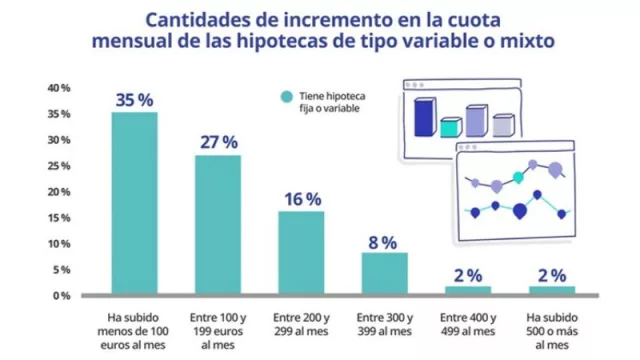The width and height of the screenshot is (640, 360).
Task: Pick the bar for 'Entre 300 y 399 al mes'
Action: point(383,273)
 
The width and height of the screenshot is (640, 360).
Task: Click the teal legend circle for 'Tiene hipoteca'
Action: point(286,97)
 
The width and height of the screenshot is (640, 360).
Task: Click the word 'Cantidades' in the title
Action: point(191,20)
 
